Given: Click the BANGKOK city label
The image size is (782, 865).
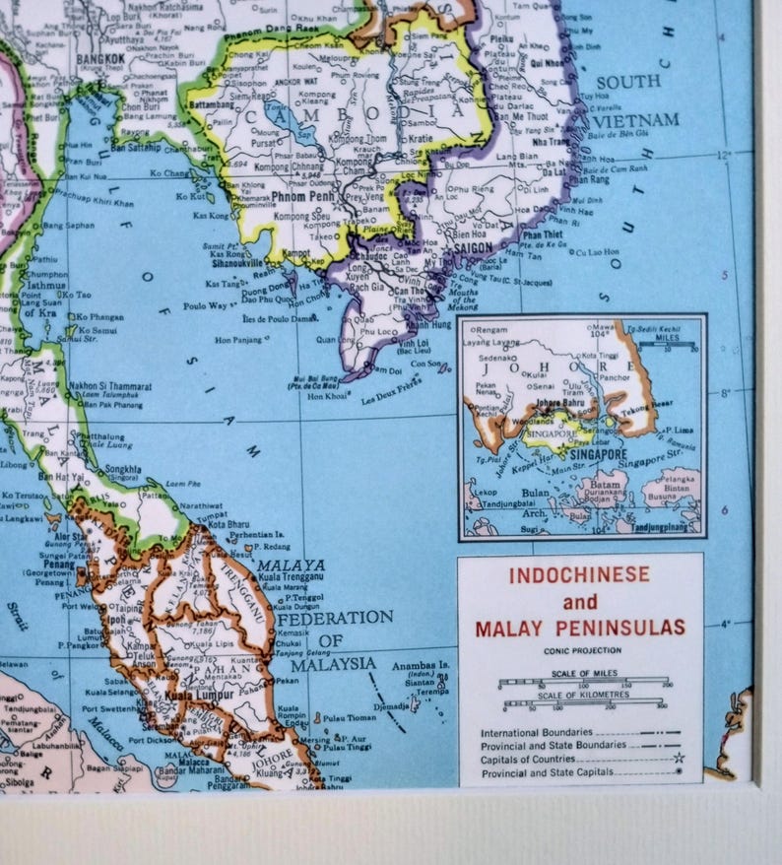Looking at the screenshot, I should click(100, 59).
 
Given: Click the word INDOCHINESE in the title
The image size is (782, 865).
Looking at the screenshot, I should click(580, 574).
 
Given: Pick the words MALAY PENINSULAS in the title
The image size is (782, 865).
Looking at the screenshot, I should click(580, 628).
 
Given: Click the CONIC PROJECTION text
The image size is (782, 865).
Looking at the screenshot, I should click(581, 651).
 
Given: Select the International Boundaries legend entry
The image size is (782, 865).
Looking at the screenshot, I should click(537, 733).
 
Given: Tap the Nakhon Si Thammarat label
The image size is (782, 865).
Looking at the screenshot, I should click(109, 387).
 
